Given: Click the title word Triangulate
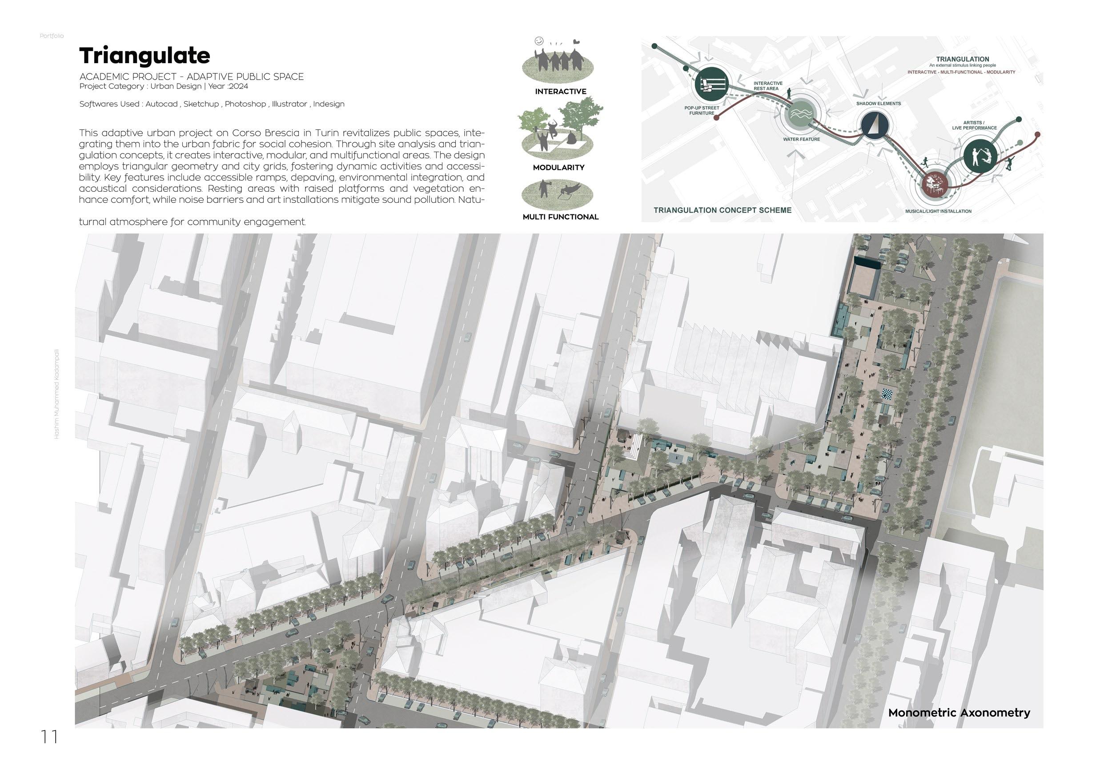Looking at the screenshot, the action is click(x=144, y=56).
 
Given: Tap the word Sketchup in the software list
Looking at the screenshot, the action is click(x=201, y=104).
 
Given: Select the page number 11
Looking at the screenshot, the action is click(x=49, y=737).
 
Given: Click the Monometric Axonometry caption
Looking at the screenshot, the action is click(x=959, y=713).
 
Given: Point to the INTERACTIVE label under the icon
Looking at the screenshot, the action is click(x=560, y=91).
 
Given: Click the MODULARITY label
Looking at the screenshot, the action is click(x=558, y=167).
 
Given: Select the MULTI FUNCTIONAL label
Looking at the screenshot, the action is click(x=560, y=217).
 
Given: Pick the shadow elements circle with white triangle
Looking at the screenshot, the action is click(x=874, y=125).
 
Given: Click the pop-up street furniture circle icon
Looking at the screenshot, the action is click(x=712, y=85).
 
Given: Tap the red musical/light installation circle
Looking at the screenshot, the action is click(x=935, y=185).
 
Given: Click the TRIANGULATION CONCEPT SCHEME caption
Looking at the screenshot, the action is click(x=722, y=210).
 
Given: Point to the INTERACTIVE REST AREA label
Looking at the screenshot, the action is click(x=768, y=85).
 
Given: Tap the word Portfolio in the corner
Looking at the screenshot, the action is click(x=52, y=36).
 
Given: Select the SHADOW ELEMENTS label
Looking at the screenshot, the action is click(x=878, y=103).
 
